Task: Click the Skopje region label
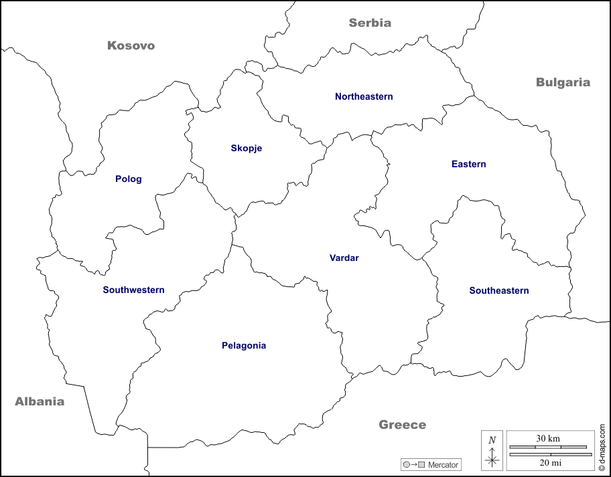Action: click(246, 149)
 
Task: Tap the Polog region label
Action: click(129, 179)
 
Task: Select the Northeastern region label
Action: click(364, 97)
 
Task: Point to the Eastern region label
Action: click(468, 165)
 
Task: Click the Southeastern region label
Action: click(498, 291)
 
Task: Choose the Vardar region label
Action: click(344, 258)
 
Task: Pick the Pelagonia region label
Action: click(244, 346)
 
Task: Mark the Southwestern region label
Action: click(133, 290)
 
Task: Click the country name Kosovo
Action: click(131, 45)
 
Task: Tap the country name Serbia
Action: click(370, 23)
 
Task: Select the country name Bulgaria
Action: click(563, 82)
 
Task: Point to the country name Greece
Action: click(402, 425)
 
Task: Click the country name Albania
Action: click(40, 401)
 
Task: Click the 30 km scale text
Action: click(547, 439)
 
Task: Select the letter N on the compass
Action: click(492, 440)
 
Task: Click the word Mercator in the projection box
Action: click(443, 464)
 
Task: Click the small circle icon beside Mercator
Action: click(407, 464)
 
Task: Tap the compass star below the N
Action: click(492, 460)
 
